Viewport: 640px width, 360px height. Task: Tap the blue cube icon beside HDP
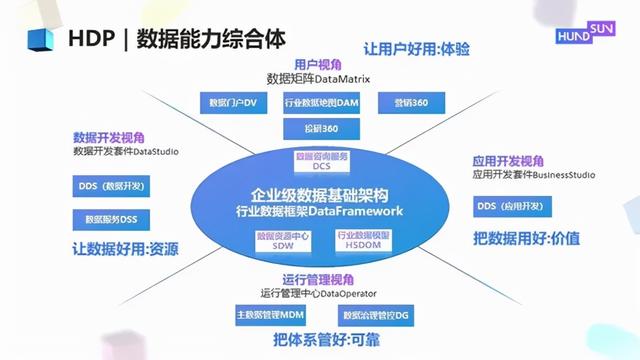point(37,39)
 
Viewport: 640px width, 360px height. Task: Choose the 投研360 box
point(314,130)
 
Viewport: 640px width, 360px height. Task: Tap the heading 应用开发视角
point(507,160)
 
